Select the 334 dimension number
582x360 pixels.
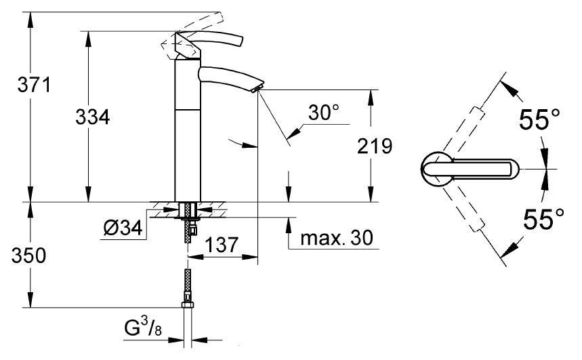coord(93,117)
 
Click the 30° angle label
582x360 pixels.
coord(323,114)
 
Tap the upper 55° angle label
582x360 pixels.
coord(539,121)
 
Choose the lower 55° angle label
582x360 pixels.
coord(539,218)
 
